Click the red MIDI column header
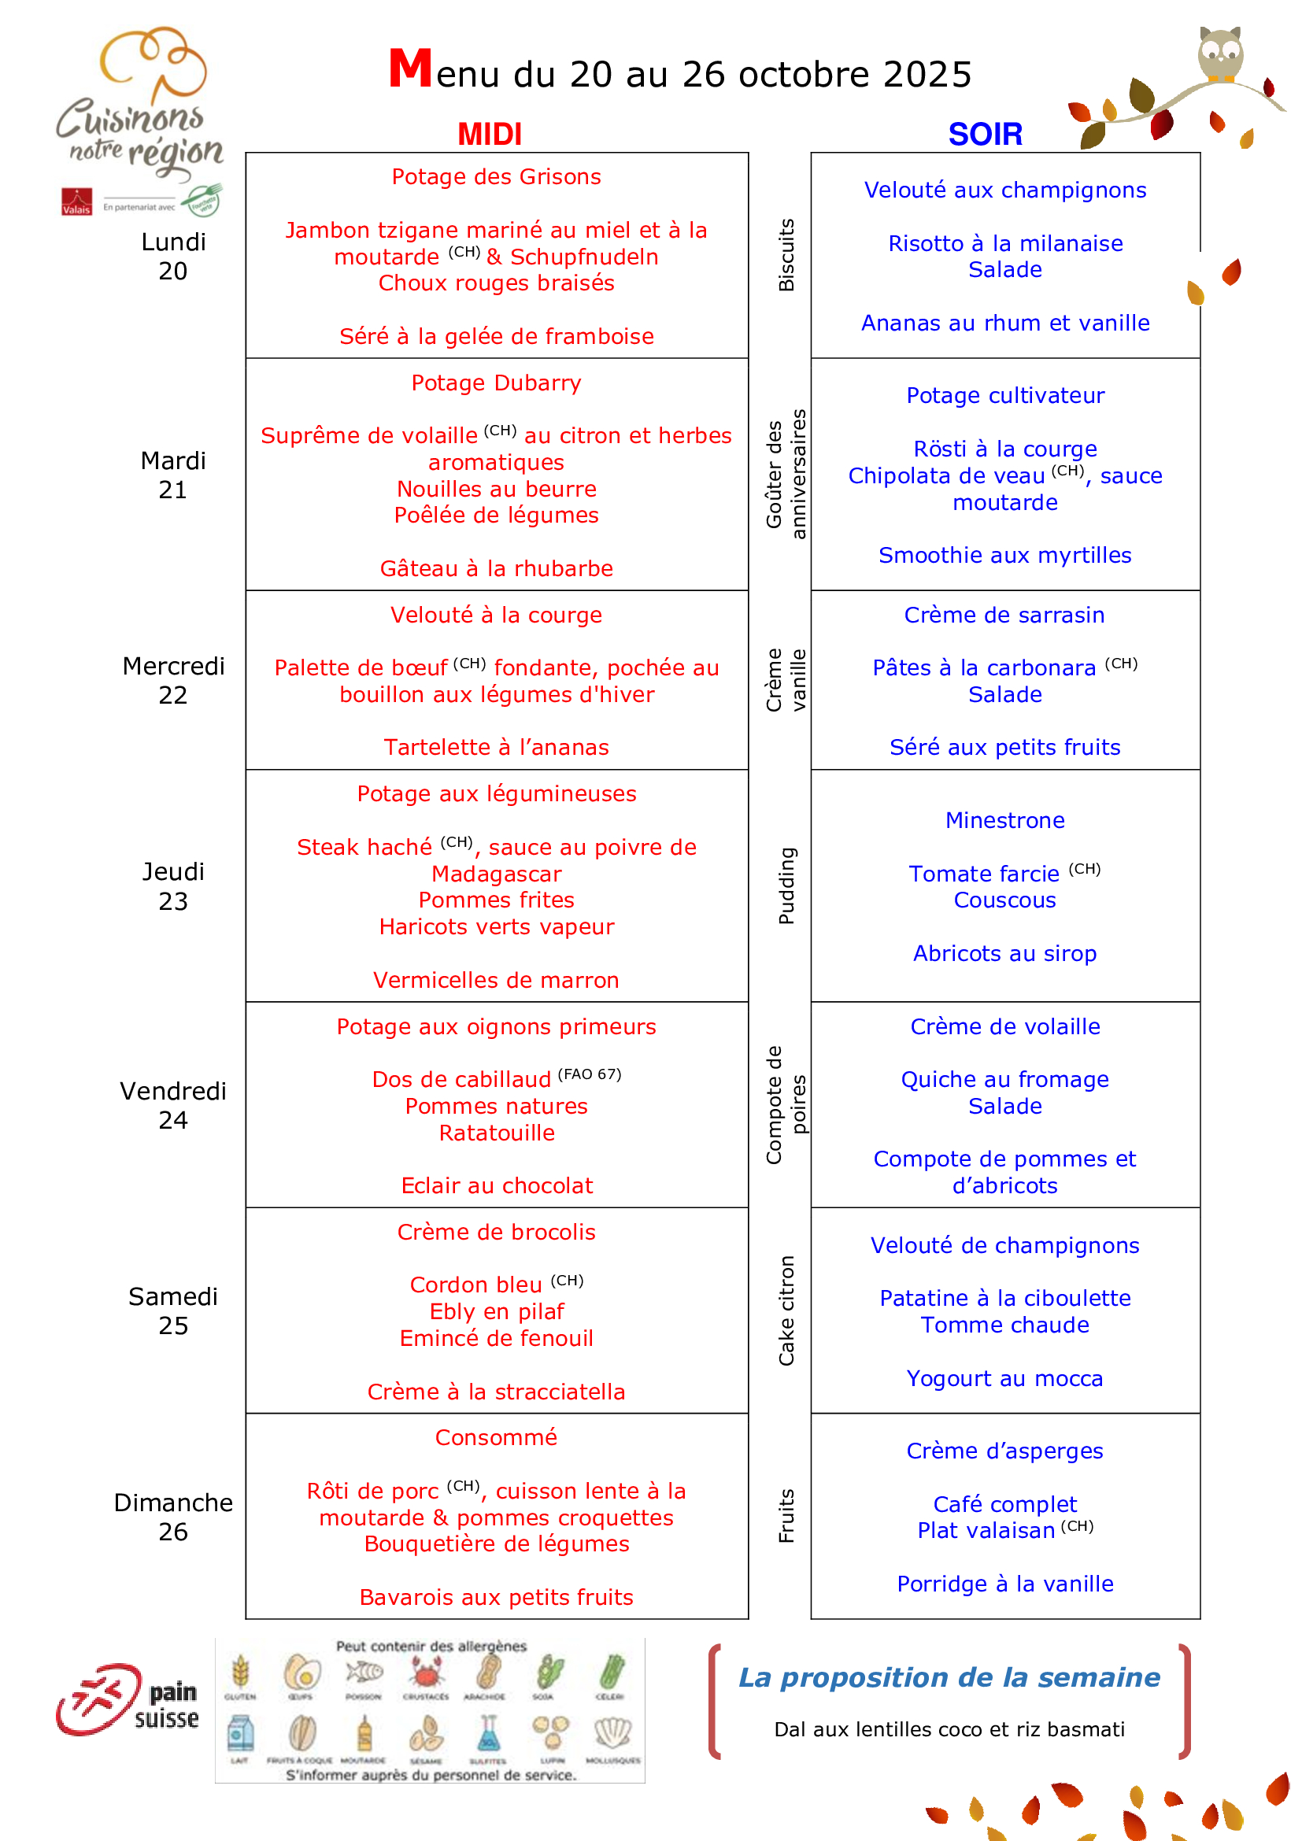coord(489,134)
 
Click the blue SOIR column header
coord(985,134)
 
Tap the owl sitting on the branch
coord(1219,54)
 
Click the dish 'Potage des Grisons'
coord(496,176)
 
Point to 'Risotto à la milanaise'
coord(1004,243)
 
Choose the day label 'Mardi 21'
coord(173,475)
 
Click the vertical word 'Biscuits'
coord(786,254)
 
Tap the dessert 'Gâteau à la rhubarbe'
coord(496,568)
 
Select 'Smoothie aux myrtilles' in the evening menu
coord(1004,555)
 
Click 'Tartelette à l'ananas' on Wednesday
coord(496,747)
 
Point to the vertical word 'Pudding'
coord(786,885)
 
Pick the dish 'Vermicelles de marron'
coord(496,980)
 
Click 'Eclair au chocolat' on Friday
coord(496,1185)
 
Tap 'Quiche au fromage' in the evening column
coord(1004,1079)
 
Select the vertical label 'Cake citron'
coord(786,1311)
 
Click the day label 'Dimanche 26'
coord(173,1516)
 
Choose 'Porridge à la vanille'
coord(1004,1584)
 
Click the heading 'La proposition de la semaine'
coord(949,1676)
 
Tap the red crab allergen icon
coord(426,1673)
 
